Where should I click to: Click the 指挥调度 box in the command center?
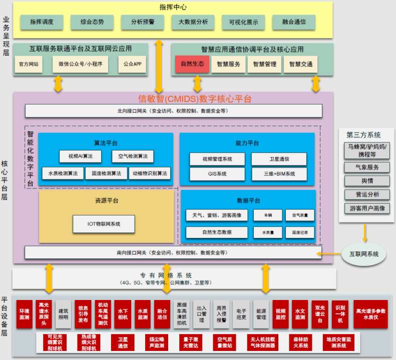tap(42, 22)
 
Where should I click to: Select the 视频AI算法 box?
tap(80, 156)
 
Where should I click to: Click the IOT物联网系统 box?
tap(104, 223)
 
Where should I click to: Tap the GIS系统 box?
tap(217, 174)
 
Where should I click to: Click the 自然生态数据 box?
tap(217, 232)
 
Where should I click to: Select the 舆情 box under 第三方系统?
tap(367, 180)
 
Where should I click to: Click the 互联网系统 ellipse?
tap(364, 254)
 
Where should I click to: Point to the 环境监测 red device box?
tap(24, 314)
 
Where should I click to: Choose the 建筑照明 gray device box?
tap(63, 314)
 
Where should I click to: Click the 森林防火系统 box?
tap(301, 342)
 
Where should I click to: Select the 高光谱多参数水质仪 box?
tap(371, 314)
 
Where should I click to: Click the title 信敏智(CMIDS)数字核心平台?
tap(195, 98)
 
